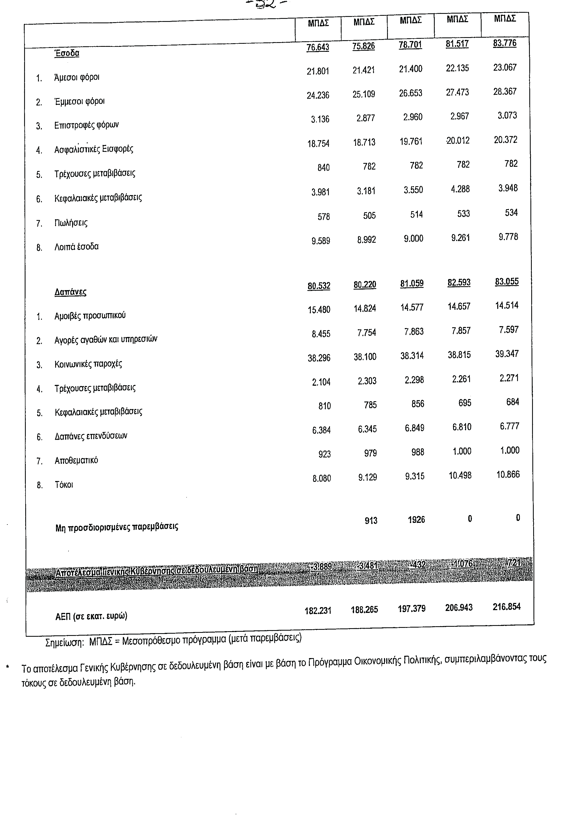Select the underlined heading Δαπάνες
[70, 292]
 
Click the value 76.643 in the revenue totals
[318, 47]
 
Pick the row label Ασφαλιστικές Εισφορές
[94, 149]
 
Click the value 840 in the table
[323, 167]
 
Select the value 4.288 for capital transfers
[460, 189]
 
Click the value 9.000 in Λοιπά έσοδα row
[413, 239]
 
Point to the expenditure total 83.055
[507, 282]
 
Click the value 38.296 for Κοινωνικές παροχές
[319, 358]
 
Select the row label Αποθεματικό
[76, 460]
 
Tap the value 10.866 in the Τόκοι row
[508, 475]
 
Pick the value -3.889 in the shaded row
[321, 567]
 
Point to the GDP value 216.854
[507, 607]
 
